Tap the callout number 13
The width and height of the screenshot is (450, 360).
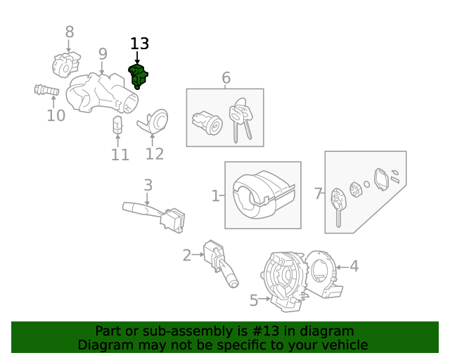click(139, 44)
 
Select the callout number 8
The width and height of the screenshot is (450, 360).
click(70, 32)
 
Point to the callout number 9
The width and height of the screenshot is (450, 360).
click(103, 54)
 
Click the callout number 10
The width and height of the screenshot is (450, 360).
click(56, 115)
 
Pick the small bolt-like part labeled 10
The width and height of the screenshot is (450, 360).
click(45, 91)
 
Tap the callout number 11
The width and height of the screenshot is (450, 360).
click(120, 154)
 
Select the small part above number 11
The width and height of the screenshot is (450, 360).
click(118, 124)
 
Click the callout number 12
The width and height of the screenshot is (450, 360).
click(154, 153)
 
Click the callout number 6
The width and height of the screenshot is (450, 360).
click(226, 77)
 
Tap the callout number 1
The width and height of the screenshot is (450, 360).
click(215, 195)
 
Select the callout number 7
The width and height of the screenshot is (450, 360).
click(318, 193)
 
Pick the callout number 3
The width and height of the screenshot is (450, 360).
click(148, 186)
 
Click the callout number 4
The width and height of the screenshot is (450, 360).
click(354, 266)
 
